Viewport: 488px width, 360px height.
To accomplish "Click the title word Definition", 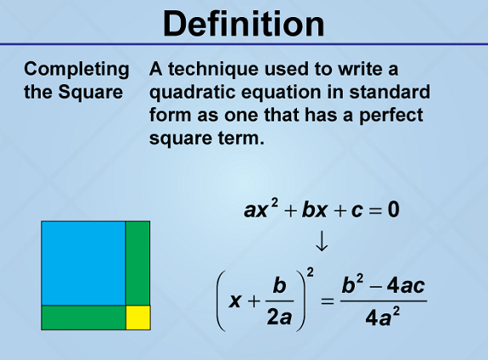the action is [244, 24].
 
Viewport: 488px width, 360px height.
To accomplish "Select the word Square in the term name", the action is [91, 93].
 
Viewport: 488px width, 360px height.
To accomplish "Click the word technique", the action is [213, 70].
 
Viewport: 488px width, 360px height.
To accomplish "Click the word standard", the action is [390, 92].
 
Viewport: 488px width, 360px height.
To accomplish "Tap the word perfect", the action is [391, 115].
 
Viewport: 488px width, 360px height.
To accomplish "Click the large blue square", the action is [83, 263].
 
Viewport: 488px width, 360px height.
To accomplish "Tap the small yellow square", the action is [138, 318].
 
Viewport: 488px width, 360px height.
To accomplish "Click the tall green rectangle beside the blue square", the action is [137, 263].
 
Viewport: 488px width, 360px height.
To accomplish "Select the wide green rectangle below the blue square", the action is [83, 318].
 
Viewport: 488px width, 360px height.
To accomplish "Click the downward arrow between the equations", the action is [322, 240].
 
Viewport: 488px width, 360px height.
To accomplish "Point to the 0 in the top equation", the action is [394, 209].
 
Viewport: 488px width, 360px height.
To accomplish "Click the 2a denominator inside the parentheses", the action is [279, 318].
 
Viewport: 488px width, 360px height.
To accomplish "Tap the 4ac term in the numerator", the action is [406, 285].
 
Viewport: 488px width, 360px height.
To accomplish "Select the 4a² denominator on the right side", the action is [383, 317].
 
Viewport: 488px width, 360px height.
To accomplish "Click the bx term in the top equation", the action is [314, 209].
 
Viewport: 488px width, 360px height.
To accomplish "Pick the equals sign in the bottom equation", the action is [328, 301].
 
